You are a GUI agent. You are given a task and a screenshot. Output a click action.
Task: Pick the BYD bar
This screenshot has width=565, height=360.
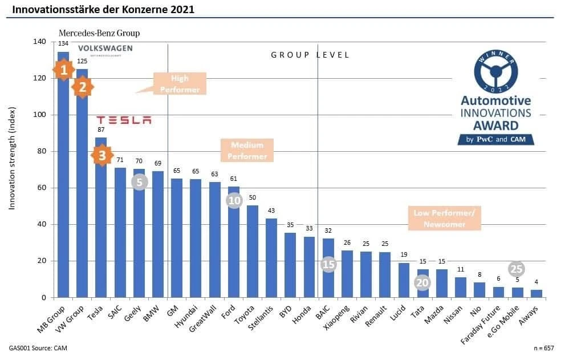[x=290, y=265]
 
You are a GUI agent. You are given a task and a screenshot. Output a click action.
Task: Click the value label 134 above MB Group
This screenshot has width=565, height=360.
[x=63, y=43]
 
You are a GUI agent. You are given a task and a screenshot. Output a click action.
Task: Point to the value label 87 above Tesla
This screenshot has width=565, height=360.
[x=101, y=130]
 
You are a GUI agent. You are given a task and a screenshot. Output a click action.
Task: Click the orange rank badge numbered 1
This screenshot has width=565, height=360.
[x=64, y=70]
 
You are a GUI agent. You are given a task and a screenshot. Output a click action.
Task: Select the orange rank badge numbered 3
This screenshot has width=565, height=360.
[x=101, y=155]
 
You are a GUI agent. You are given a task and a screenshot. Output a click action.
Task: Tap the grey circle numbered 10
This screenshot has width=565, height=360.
[x=234, y=200]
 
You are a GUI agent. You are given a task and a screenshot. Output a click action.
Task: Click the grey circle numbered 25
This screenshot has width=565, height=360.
[x=517, y=269]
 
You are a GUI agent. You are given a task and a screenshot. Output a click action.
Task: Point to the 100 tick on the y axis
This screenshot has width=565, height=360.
[x=39, y=115]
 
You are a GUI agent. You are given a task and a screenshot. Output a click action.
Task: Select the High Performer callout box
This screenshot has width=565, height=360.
[x=180, y=83]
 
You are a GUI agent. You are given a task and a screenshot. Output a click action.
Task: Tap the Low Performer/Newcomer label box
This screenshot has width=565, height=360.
[x=448, y=219]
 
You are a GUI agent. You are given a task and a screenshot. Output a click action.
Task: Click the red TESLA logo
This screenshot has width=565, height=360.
[x=124, y=120]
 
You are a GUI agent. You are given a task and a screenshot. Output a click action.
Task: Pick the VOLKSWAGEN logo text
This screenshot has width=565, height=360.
[x=105, y=49]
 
